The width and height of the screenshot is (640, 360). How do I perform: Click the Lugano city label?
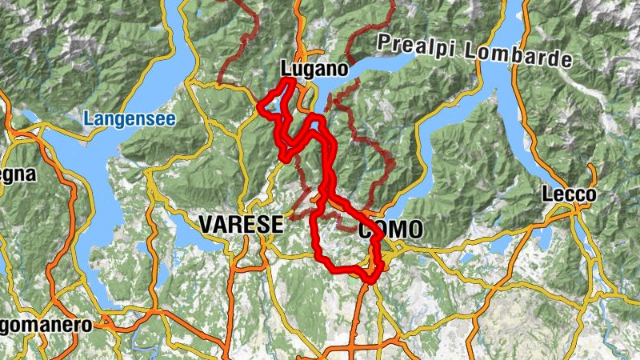coord(314,70)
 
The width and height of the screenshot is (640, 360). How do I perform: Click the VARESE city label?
coord(241,225)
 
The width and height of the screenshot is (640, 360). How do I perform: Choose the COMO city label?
coord(390,231)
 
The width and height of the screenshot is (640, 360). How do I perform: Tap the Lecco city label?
coord(569,194)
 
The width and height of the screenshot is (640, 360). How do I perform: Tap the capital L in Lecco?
coord(547,194)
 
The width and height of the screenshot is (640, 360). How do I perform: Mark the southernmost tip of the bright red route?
coord(370,279)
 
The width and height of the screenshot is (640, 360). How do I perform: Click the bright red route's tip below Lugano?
coord(290,82)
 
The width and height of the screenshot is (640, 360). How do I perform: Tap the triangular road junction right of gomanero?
coord(108,324)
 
